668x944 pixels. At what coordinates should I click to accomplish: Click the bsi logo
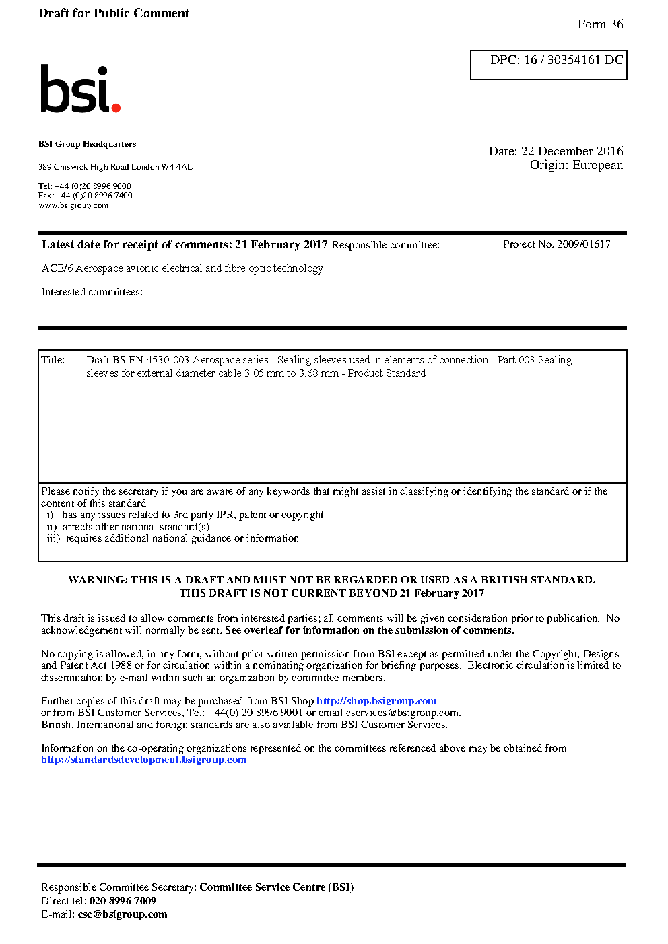tap(79, 89)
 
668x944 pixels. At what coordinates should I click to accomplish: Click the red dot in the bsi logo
tap(116, 107)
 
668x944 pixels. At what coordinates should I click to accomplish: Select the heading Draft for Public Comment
tap(114, 13)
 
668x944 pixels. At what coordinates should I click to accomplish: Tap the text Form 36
tap(600, 24)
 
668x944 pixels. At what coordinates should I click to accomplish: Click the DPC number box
tap(548, 65)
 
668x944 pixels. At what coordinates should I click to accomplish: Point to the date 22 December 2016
tap(572, 151)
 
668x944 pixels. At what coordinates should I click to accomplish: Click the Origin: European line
tap(576, 166)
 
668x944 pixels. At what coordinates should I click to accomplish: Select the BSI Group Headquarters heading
tap(87, 144)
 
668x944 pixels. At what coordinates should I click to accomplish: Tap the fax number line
tap(86, 196)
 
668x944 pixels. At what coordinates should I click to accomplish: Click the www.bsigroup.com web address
tap(73, 206)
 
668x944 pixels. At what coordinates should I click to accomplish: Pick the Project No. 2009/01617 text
tap(556, 244)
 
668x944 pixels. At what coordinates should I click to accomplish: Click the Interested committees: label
tap(92, 292)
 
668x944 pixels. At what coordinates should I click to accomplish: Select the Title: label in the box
tap(53, 360)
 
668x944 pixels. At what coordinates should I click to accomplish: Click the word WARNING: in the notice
tap(98, 580)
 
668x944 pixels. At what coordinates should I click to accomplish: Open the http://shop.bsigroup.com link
tap(376, 701)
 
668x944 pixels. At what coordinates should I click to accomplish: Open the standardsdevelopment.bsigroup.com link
tap(144, 760)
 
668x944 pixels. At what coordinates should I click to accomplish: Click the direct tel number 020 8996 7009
tap(123, 901)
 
